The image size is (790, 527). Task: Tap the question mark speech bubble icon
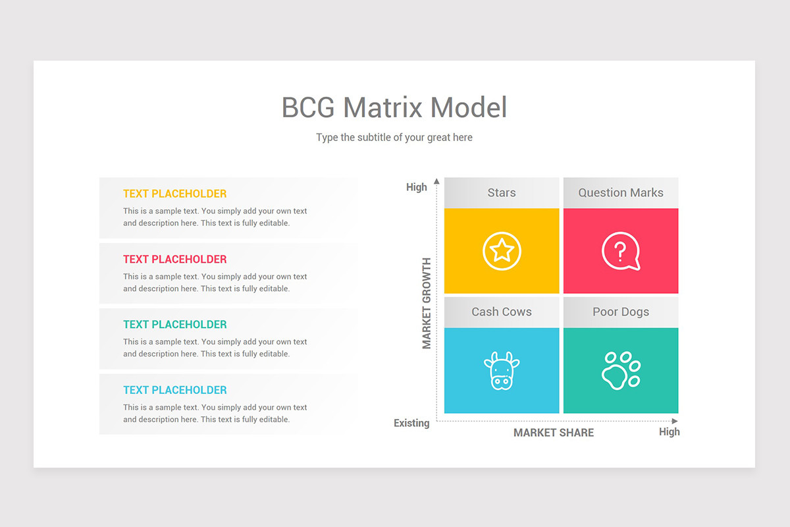click(x=620, y=250)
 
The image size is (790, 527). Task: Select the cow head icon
click(x=502, y=371)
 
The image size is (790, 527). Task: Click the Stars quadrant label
click(x=502, y=193)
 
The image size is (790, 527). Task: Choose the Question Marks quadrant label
click(x=621, y=193)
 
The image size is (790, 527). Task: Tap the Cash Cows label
click(x=502, y=312)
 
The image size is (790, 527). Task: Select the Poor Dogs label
click(x=621, y=312)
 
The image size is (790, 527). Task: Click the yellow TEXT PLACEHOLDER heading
click(x=175, y=194)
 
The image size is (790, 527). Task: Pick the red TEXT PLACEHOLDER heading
click(x=175, y=260)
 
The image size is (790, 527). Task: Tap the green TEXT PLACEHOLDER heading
click(x=175, y=325)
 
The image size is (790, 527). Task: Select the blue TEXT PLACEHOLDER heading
click(x=175, y=390)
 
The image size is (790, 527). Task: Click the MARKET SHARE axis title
click(x=554, y=433)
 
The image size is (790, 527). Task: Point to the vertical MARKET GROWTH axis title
click(x=427, y=304)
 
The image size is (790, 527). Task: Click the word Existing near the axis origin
click(x=411, y=423)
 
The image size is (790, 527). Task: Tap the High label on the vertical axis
click(x=417, y=187)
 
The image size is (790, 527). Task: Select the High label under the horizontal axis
click(x=670, y=431)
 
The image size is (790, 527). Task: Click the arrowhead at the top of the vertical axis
click(x=436, y=181)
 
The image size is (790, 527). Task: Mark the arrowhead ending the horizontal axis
click(x=675, y=421)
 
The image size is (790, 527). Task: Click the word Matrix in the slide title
click(x=382, y=107)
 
